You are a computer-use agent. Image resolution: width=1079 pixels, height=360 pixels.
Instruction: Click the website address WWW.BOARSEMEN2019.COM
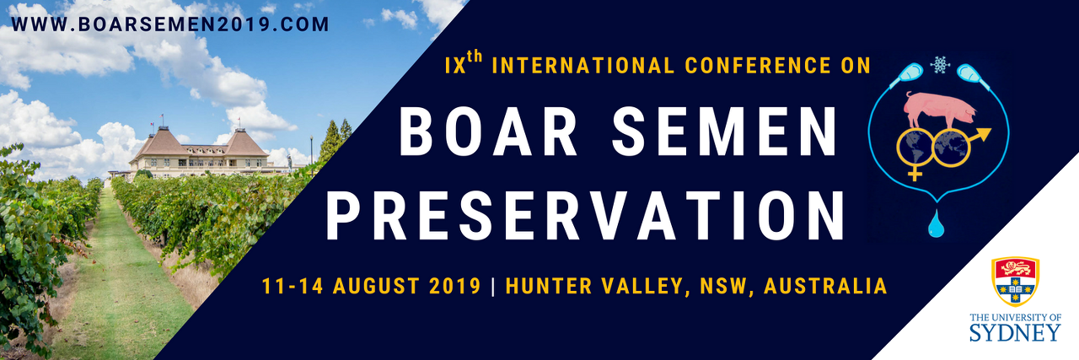169,24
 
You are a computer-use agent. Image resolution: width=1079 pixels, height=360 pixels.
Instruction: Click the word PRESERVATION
585,216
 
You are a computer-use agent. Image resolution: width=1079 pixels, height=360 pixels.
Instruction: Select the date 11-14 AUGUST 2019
372,286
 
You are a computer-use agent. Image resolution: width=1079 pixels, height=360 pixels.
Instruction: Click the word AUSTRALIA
825,286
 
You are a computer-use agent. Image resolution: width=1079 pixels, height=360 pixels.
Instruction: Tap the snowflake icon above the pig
940,65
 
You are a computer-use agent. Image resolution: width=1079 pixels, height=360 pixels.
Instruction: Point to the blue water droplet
936,223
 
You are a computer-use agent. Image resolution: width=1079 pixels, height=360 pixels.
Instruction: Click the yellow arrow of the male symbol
980,135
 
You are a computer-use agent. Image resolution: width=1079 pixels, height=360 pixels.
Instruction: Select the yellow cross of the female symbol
915,172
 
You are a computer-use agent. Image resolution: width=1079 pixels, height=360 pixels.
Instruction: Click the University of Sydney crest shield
1015,282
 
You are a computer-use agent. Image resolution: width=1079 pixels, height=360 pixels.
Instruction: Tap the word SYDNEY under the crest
1015,332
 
